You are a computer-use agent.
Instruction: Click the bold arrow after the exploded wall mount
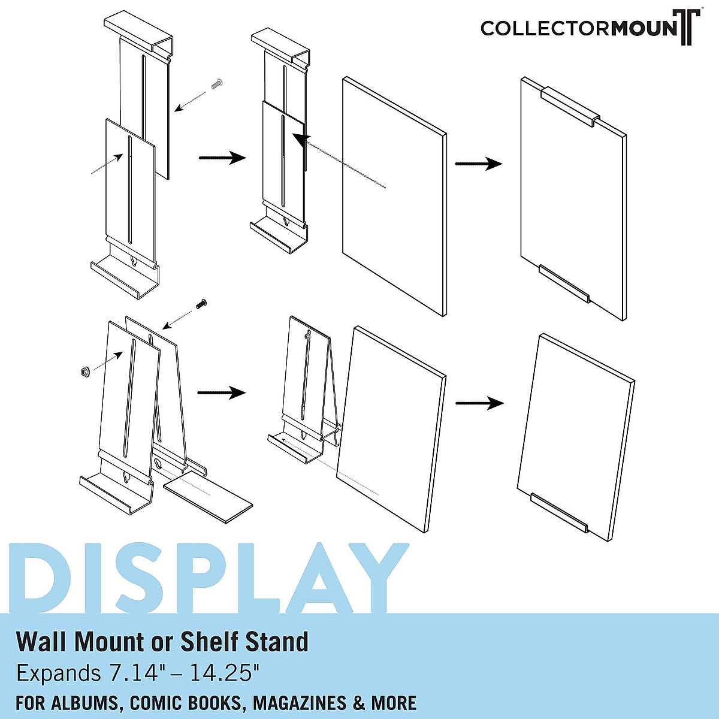point(222,158)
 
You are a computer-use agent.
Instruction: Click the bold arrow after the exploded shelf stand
point(221,393)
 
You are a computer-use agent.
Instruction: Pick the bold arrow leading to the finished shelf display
point(479,403)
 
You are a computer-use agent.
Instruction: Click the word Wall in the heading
point(43,642)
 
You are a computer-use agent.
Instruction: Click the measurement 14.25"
point(225,673)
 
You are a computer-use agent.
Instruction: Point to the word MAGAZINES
point(299,703)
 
